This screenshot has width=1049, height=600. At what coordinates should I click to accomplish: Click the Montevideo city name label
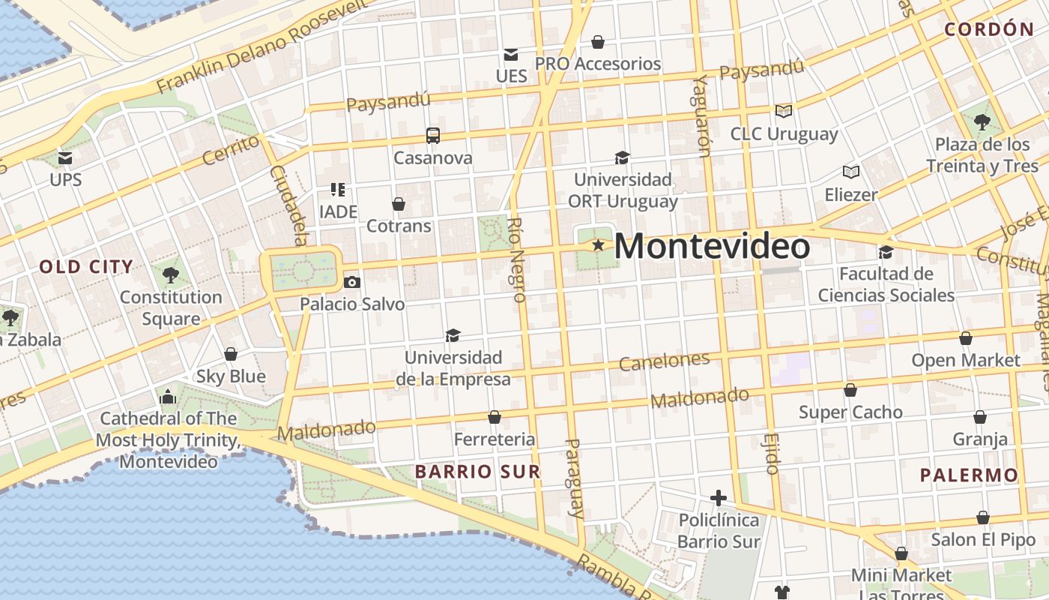click(x=712, y=247)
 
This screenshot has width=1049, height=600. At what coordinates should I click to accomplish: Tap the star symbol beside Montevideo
click(x=598, y=245)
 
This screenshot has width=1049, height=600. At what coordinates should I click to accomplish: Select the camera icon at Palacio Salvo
click(x=351, y=282)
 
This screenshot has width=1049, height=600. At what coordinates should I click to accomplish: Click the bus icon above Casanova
click(x=433, y=136)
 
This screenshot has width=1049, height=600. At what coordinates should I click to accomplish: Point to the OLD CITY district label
click(x=86, y=266)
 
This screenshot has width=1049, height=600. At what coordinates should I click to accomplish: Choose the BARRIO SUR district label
click(x=477, y=472)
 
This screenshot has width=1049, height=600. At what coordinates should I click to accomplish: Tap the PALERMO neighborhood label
click(x=969, y=475)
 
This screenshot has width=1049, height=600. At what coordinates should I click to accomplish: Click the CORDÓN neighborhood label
click(x=989, y=30)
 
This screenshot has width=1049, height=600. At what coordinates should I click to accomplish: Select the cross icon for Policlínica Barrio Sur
click(x=719, y=498)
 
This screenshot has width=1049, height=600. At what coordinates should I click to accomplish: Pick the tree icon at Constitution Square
click(x=171, y=274)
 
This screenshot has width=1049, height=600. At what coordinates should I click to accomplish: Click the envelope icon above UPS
click(x=65, y=158)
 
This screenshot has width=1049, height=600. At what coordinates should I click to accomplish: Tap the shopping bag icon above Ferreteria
click(x=495, y=417)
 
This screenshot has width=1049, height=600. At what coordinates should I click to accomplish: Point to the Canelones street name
click(x=664, y=361)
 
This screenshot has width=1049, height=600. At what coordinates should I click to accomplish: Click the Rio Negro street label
click(x=517, y=259)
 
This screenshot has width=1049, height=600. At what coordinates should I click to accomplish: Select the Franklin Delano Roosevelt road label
click(x=262, y=46)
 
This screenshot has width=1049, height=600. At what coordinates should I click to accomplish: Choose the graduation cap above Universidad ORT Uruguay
click(x=622, y=157)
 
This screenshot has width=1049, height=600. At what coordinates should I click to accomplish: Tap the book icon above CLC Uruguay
click(x=784, y=111)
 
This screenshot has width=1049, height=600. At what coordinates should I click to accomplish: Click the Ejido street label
click(x=773, y=453)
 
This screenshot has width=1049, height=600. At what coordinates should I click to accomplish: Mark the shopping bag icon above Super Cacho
click(x=850, y=390)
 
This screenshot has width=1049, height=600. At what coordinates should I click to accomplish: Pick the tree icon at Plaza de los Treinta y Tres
click(x=982, y=121)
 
